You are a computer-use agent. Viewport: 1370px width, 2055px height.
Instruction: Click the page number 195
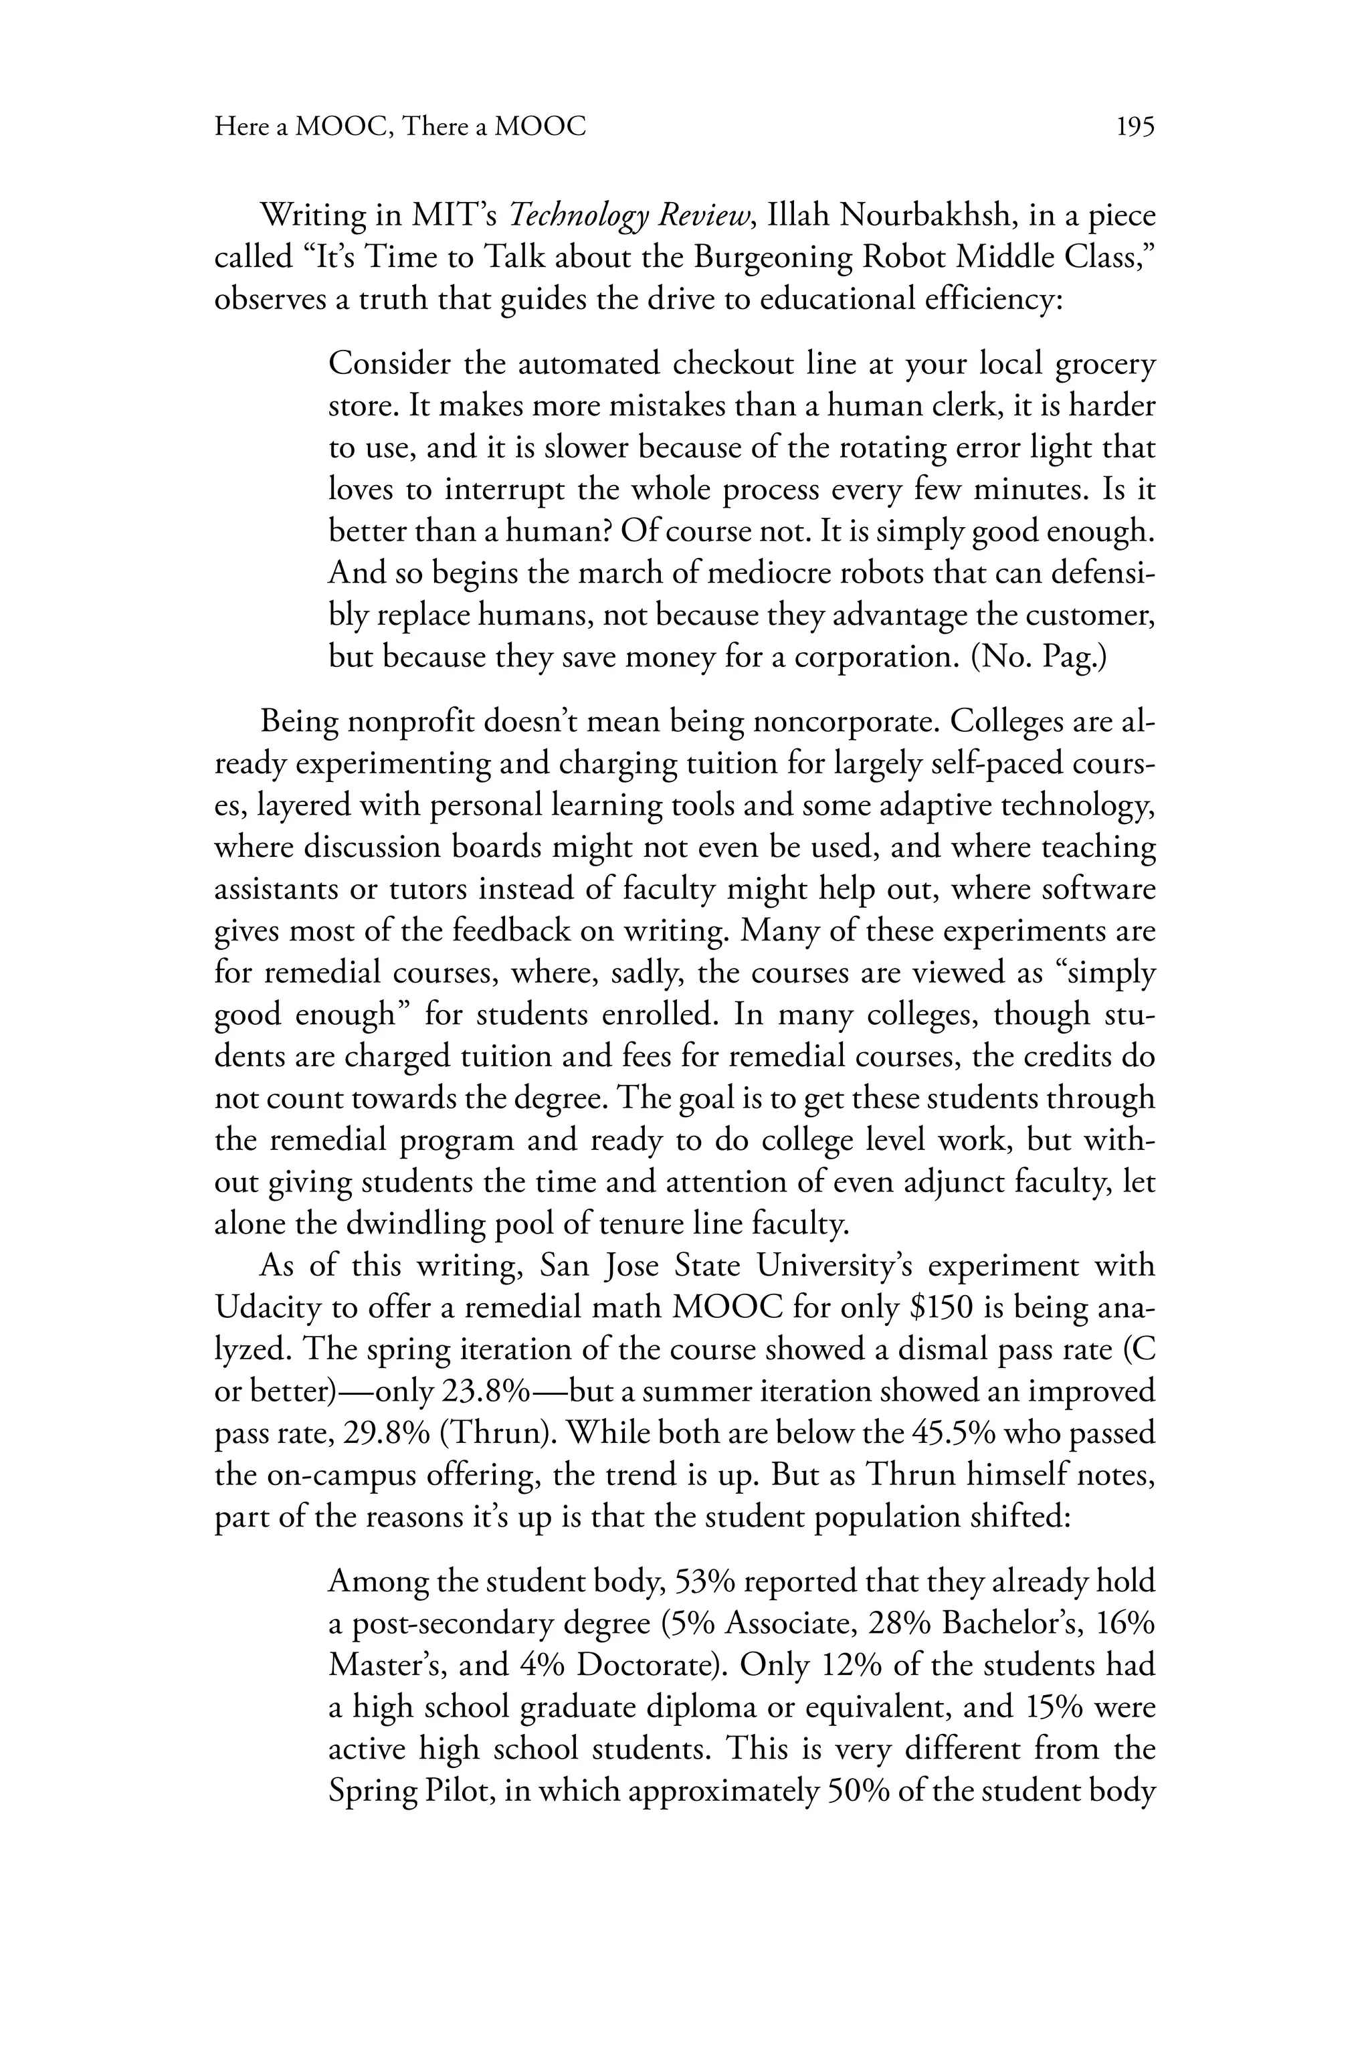[x=1136, y=128]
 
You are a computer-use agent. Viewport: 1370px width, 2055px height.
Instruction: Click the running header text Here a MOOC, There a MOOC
[x=400, y=128]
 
